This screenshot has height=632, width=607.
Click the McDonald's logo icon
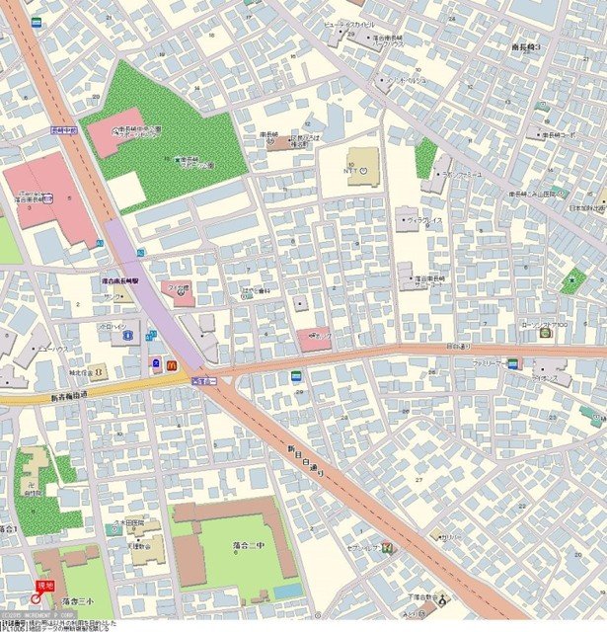coord(171,364)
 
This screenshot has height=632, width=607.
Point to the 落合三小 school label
coord(76,599)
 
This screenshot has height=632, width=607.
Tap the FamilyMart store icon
coord(512,363)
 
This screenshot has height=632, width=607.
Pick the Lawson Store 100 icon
coord(545,333)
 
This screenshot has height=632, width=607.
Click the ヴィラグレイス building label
coord(423,221)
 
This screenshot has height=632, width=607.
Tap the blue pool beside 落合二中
coord(288,590)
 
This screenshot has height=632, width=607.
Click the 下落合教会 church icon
coord(444,598)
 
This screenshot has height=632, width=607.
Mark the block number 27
coord(418,479)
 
